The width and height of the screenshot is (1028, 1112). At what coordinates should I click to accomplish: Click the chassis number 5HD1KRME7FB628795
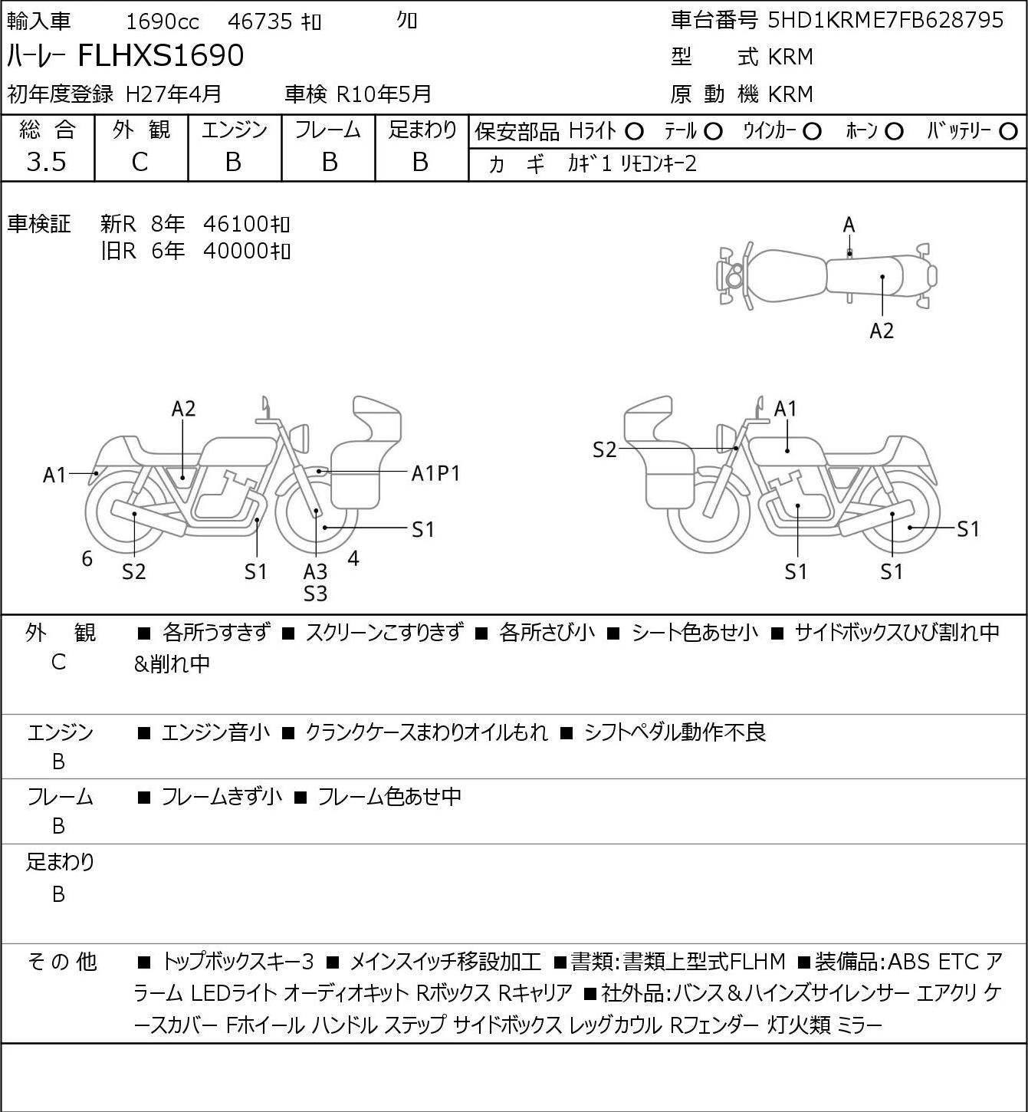pos(885,20)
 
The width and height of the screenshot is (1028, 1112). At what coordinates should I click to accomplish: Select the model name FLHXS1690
pos(161,55)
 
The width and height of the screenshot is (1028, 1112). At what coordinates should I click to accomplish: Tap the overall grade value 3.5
pos(47,163)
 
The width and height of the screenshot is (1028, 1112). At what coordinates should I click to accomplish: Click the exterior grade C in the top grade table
pos(140,163)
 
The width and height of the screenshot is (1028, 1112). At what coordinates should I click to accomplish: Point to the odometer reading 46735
pos(260,21)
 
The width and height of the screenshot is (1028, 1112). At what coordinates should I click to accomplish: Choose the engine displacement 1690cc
pos(163,21)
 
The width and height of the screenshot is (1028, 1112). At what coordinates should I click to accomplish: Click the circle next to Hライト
pos(634,132)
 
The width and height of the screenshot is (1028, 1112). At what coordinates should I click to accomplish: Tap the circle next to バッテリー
pos(1008,132)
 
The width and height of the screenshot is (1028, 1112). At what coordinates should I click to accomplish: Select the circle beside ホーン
pos(894,132)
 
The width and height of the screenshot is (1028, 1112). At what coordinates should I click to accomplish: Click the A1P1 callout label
pos(435,474)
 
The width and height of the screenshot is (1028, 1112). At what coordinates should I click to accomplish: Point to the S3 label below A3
pos(315,594)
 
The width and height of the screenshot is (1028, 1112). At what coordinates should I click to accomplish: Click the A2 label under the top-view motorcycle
pos(882,331)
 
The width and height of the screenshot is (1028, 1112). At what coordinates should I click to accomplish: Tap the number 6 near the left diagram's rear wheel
pos(87,558)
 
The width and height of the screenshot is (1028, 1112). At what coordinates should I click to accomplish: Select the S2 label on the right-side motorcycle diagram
pos(604,449)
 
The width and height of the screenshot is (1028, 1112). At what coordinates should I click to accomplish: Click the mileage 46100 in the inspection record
pos(235,225)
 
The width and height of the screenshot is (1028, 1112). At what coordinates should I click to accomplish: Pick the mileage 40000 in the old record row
pos(235,251)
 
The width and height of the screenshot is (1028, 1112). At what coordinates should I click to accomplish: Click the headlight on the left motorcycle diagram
pos(300,438)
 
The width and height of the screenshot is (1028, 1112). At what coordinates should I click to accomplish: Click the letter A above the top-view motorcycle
pos(849,225)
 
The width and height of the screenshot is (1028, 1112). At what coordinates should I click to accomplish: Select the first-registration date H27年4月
pos(173,94)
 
